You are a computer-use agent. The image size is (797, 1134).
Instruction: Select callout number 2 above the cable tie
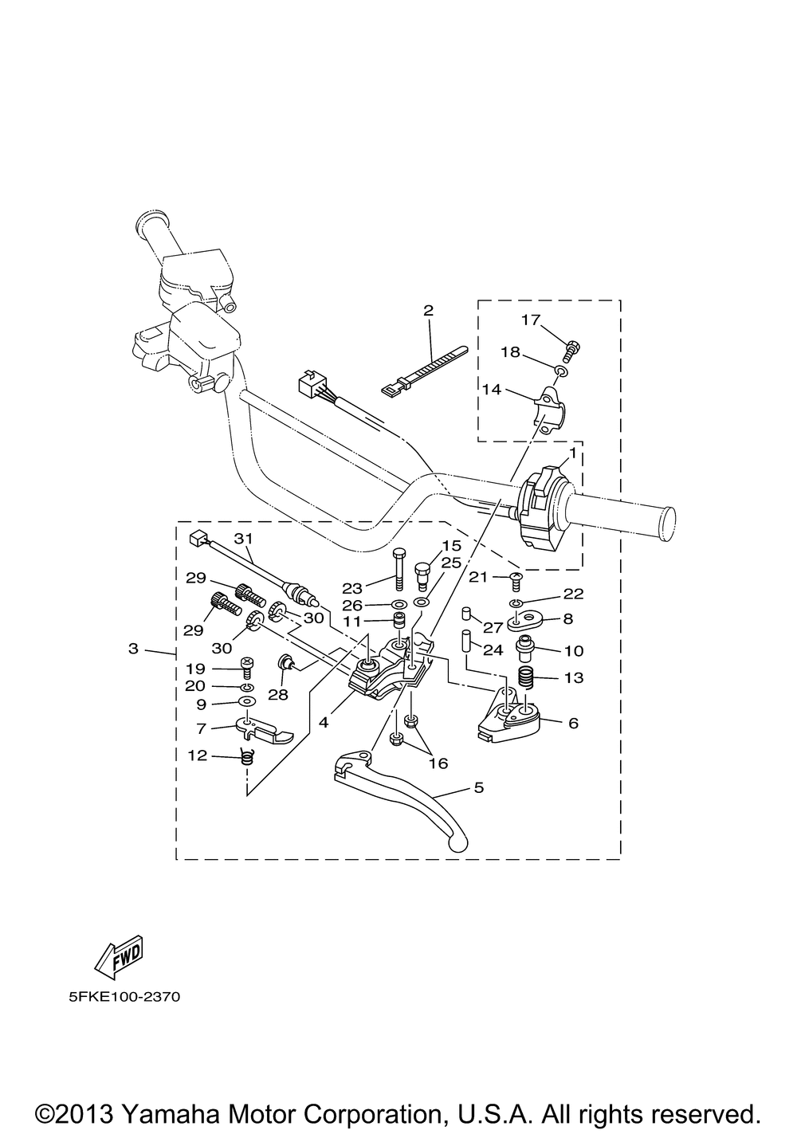click(428, 310)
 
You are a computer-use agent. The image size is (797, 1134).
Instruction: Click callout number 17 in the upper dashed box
click(531, 320)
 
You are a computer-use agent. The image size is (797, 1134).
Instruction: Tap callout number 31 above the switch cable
click(243, 539)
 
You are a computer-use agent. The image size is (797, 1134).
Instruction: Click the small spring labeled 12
click(247, 771)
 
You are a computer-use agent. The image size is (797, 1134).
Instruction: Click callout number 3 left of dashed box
click(133, 649)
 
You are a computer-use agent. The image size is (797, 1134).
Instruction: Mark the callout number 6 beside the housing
click(573, 723)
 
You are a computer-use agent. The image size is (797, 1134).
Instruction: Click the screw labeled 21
click(516, 583)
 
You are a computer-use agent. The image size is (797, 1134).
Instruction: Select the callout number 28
click(278, 695)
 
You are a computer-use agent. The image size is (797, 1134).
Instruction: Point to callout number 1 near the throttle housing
click(573, 453)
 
